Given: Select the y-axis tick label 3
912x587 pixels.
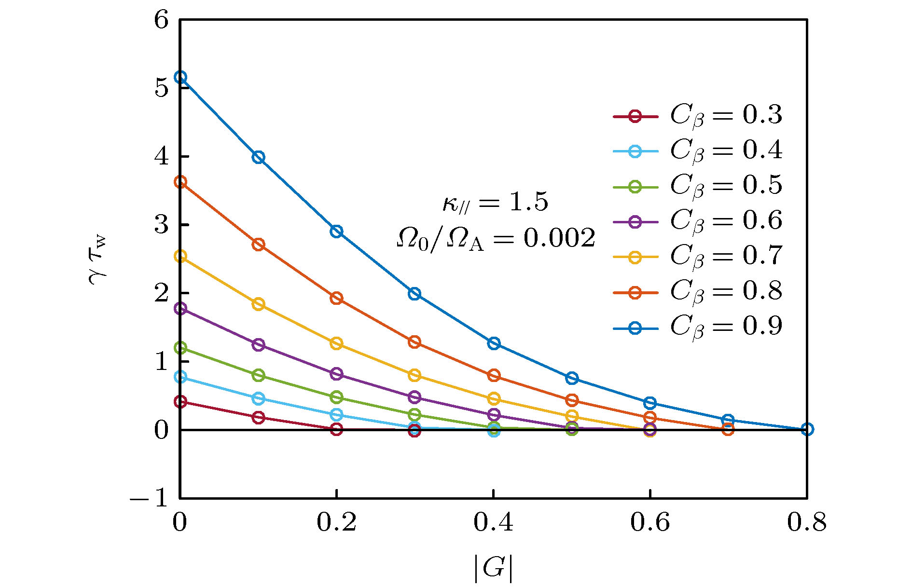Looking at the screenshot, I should pos(162,225).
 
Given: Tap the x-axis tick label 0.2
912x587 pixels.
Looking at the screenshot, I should pos(336,523).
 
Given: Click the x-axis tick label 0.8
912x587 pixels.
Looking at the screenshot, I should pos(807,523).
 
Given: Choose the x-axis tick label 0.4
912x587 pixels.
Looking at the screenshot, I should pos(493,523).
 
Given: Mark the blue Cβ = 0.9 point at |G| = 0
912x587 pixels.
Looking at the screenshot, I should pos(180,77).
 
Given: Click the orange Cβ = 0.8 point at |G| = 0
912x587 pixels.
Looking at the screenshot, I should pos(180,182).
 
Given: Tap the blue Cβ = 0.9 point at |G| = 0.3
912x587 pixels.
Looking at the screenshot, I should pos(415,294).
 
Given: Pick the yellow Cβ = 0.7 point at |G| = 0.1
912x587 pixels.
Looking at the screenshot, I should pos(259,304).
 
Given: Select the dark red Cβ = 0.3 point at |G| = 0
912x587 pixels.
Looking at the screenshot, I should pos(180,401).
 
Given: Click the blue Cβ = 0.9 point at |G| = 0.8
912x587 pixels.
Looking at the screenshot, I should pos(807,429).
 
